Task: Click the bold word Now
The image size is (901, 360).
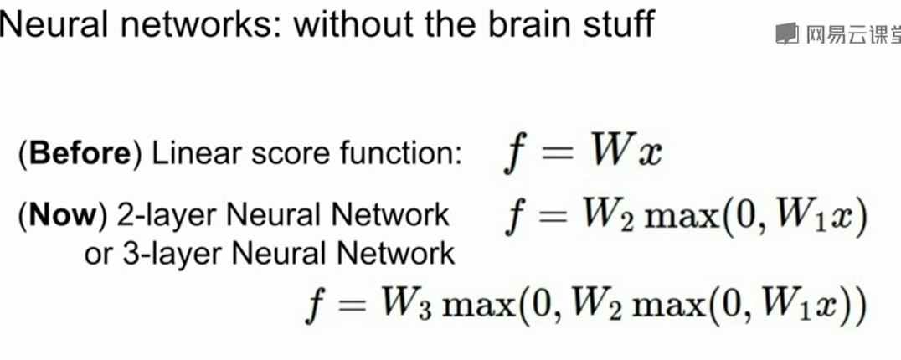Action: point(66,216)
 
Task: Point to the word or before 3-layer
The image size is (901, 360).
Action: point(97,254)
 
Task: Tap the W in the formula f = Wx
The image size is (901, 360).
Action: point(613,152)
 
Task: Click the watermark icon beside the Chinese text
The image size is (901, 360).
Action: point(786,34)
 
